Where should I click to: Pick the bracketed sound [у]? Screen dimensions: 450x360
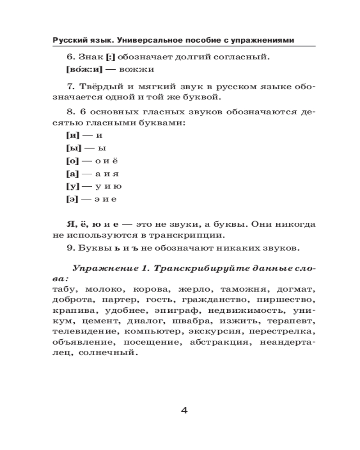pyautogui.click(x=72, y=186)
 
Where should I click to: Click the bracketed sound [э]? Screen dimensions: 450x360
pyautogui.click(x=72, y=199)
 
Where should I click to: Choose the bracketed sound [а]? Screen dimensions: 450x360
pyautogui.click(x=72, y=173)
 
